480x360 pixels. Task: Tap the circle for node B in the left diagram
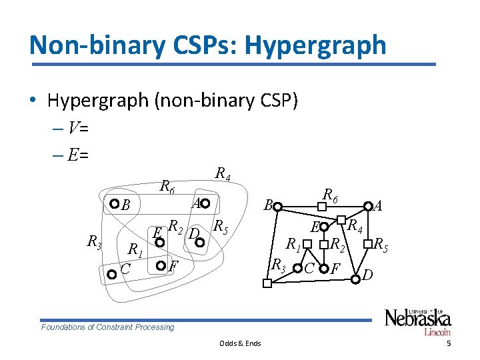click(x=114, y=204)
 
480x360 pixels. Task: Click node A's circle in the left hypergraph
click(x=206, y=203)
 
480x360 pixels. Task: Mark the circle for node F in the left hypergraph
click(x=160, y=267)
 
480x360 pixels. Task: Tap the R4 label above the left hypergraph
click(x=223, y=175)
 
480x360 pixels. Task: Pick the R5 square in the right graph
click(x=367, y=244)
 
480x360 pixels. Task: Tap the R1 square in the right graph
click(x=307, y=244)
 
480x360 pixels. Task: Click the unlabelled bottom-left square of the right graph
click(x=267, y=285)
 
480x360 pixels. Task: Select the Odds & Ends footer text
click(x=240, y=343)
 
